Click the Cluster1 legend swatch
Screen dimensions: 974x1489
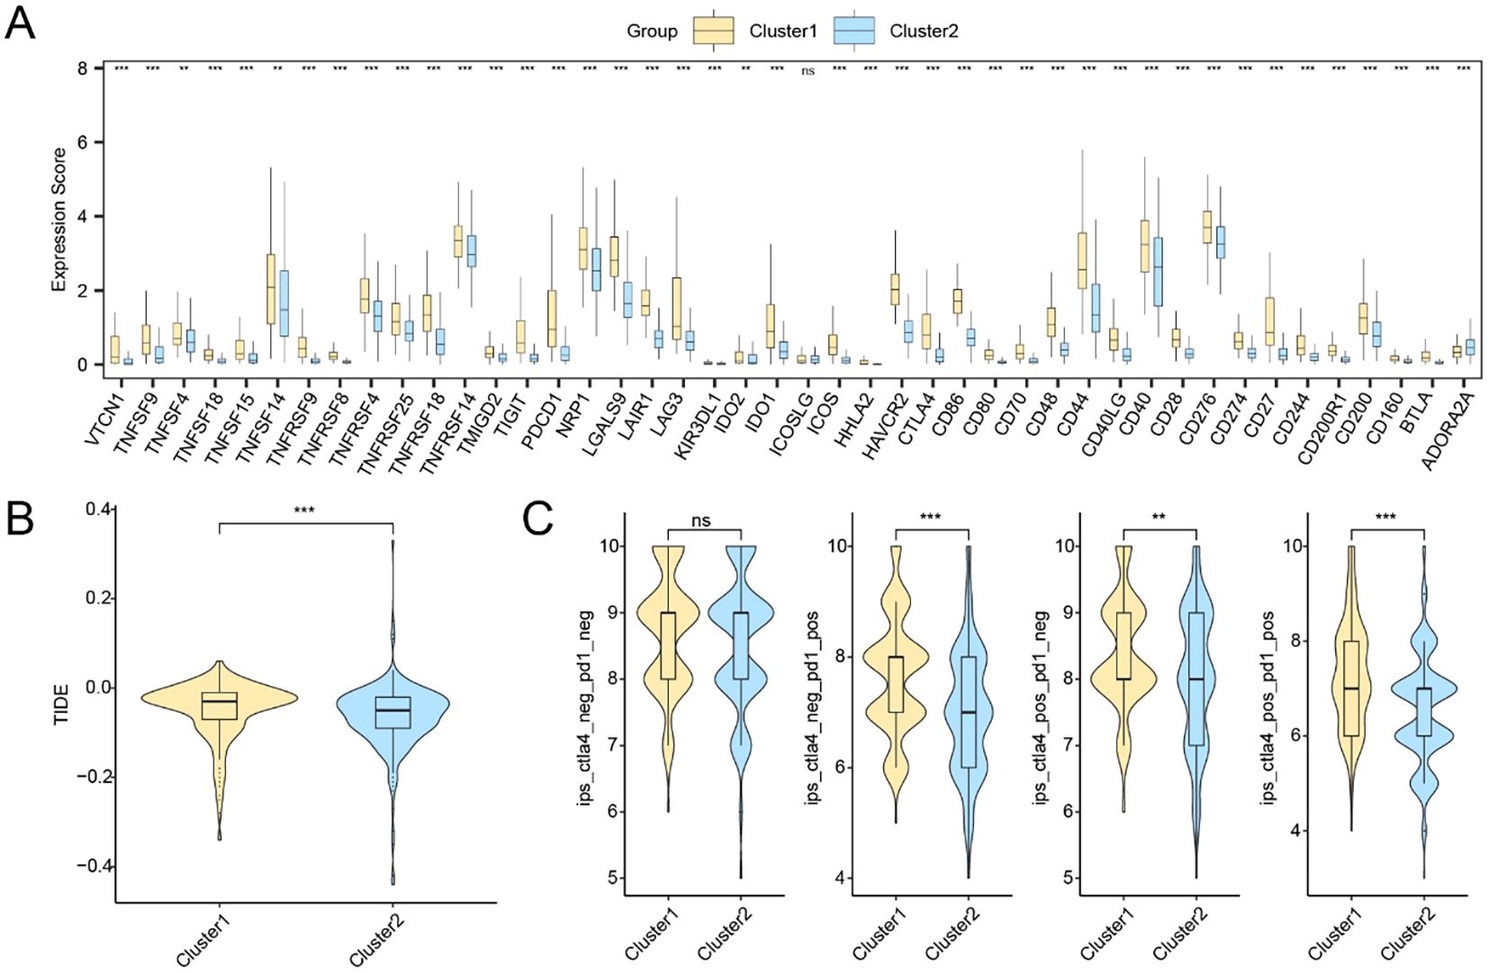pyautogui.click(x=713, y=31)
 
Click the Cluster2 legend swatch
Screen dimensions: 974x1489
pyautogui.click(x=854, y=31)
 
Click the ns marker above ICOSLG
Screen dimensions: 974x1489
pyautogui.click(x=808, y=71)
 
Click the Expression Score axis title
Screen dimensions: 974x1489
pyautogui.click(x=59, y=220)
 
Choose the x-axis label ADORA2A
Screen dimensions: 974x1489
pyautogui.click(x=1446, y=430)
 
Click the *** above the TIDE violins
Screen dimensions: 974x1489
pyautogui.click(x=304, y=511)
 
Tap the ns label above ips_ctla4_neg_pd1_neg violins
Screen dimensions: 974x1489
pyautogui.click(x=701, y=520)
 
